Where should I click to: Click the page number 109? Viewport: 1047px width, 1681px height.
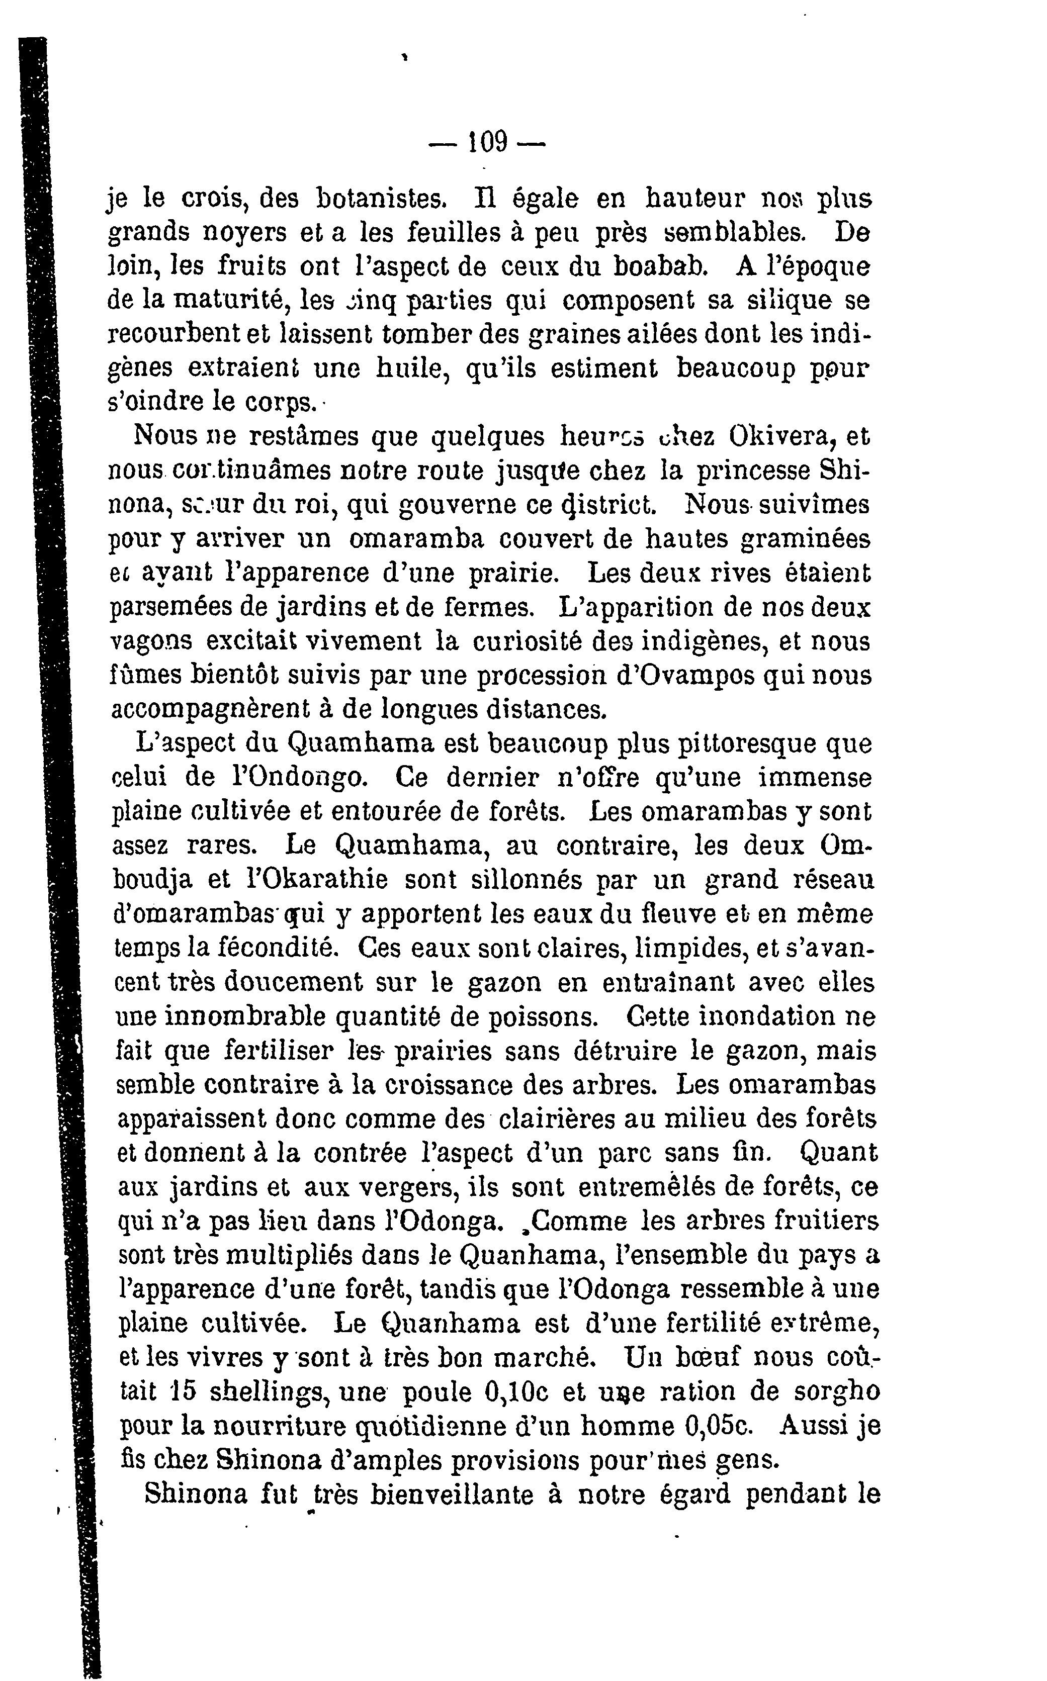[x=488, y=143]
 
